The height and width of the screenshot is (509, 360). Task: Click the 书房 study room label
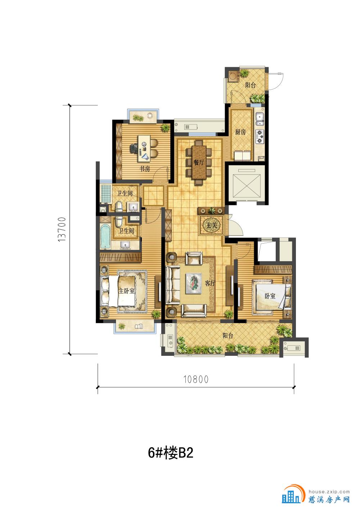pos(145,169)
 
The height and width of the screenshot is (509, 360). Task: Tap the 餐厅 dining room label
pos(199,162)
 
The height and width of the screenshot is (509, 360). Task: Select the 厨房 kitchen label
pos(240,132)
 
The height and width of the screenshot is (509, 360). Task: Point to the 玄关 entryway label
pos(211,226)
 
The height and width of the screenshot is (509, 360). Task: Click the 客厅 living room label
pos(210,283)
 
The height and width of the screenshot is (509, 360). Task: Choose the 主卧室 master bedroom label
pos(126,291)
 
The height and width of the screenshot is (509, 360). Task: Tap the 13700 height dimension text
pos(62,229)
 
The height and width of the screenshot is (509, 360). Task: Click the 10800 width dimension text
pos(196,380)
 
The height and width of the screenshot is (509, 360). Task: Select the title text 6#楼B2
pos(171,453)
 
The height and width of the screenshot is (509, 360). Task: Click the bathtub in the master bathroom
pos(105,236)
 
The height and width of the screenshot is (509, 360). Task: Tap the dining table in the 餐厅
pos(199,163)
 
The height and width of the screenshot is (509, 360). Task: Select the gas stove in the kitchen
pos(260,136)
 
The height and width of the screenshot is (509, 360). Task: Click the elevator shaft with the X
pos(247,183)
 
